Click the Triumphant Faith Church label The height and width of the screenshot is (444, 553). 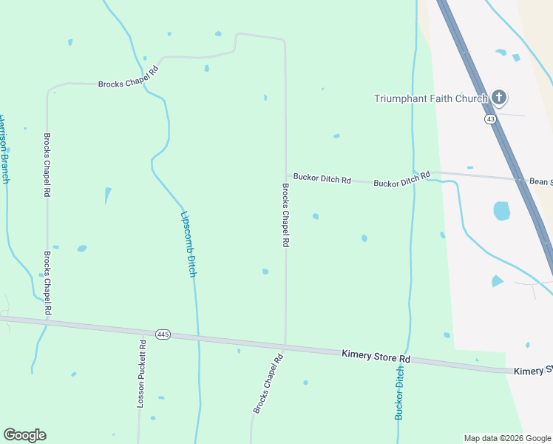[430, 98]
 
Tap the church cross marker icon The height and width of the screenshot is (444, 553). [499, 98]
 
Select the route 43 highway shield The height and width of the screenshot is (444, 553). [490, 119]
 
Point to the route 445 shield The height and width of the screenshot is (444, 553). [163, 334]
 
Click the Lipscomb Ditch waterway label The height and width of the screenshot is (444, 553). [189, 245]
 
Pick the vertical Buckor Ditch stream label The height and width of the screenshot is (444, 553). [399, 393]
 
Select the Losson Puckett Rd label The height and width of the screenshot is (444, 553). [141, 374]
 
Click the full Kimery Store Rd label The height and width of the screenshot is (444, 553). [376, 357]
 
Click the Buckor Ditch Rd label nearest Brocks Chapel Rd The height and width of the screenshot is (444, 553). [322, 178]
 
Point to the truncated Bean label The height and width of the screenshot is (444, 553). [540, 181]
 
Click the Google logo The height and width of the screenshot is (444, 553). [24, 435]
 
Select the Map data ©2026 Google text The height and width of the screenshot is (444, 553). [507, 438]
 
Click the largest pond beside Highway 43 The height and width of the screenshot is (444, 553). [502, 211]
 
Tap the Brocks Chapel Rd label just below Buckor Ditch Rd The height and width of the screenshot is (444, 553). [285, 215]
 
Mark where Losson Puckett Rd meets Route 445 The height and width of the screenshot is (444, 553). [140, 332]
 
